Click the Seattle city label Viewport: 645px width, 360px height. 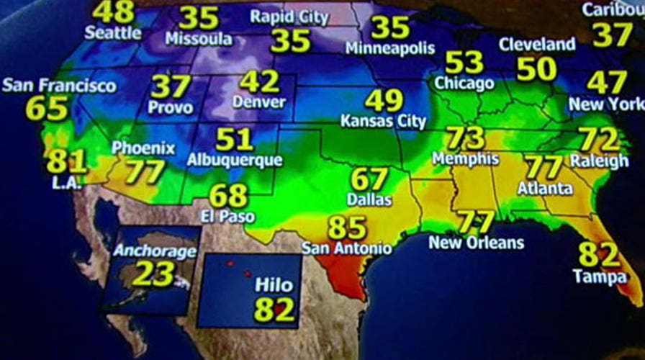(113, 32)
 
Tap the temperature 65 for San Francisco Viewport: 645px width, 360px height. (46, 108)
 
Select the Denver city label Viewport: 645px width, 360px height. (258, 102)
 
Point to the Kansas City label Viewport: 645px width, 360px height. (383, 121)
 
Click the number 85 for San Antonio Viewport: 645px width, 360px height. (347, 228)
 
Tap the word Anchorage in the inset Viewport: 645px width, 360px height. (155, 251)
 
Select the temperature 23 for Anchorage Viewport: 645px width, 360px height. (153, 274)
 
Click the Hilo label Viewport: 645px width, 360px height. (274, 285)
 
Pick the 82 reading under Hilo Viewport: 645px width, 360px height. (274, 310)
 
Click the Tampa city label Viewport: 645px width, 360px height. (597, 276)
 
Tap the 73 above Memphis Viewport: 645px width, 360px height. (465, 138)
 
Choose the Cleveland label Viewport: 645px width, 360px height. (537, 45)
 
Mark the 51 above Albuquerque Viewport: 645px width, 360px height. (234, 139)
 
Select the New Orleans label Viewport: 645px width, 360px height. (476, 243)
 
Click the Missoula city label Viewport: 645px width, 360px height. (199, 39)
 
